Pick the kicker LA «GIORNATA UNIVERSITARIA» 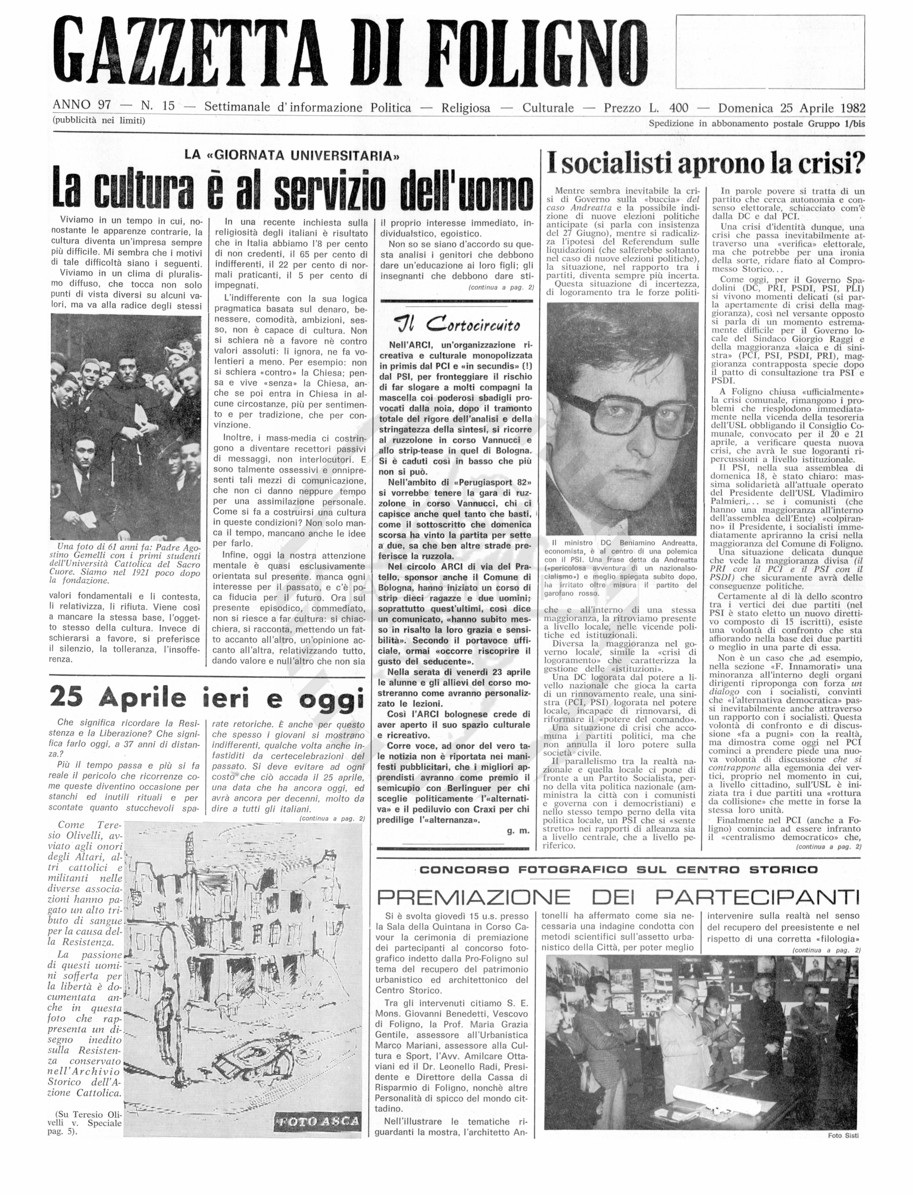coord(293,155)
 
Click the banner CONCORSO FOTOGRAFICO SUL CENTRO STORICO coord(618,870)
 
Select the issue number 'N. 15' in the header coord(158,106)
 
